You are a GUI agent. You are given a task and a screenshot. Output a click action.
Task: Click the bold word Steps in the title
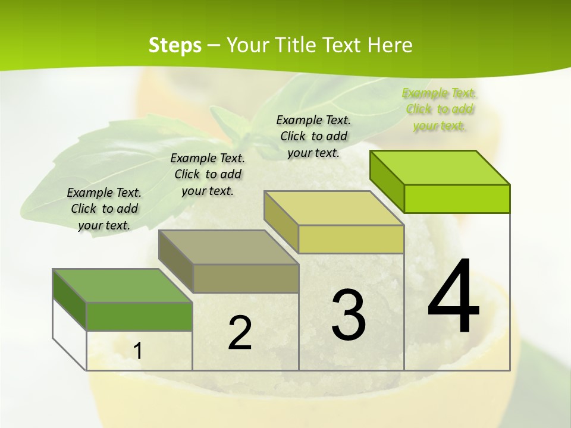point(175,45)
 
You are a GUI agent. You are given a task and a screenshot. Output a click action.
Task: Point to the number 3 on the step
point(349,315)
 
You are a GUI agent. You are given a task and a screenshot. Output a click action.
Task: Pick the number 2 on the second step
point(240,333)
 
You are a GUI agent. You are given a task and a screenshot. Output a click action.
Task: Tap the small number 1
point(137,351)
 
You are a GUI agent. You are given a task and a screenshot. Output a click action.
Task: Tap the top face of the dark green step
point(122,285)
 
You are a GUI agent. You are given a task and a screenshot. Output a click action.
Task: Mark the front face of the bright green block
point(457,199)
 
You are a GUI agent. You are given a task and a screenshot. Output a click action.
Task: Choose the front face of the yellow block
point(351,239)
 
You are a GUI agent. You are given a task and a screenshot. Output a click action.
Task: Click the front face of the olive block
point(246,278)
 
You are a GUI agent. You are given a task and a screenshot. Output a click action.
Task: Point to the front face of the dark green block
point(139,316)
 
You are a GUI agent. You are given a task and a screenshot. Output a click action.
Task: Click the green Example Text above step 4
point(439,109)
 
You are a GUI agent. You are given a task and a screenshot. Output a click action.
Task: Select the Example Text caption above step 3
point(313,136)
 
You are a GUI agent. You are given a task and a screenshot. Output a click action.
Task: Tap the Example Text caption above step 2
point(208,174)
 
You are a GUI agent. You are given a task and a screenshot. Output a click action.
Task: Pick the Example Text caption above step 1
point(104,209)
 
